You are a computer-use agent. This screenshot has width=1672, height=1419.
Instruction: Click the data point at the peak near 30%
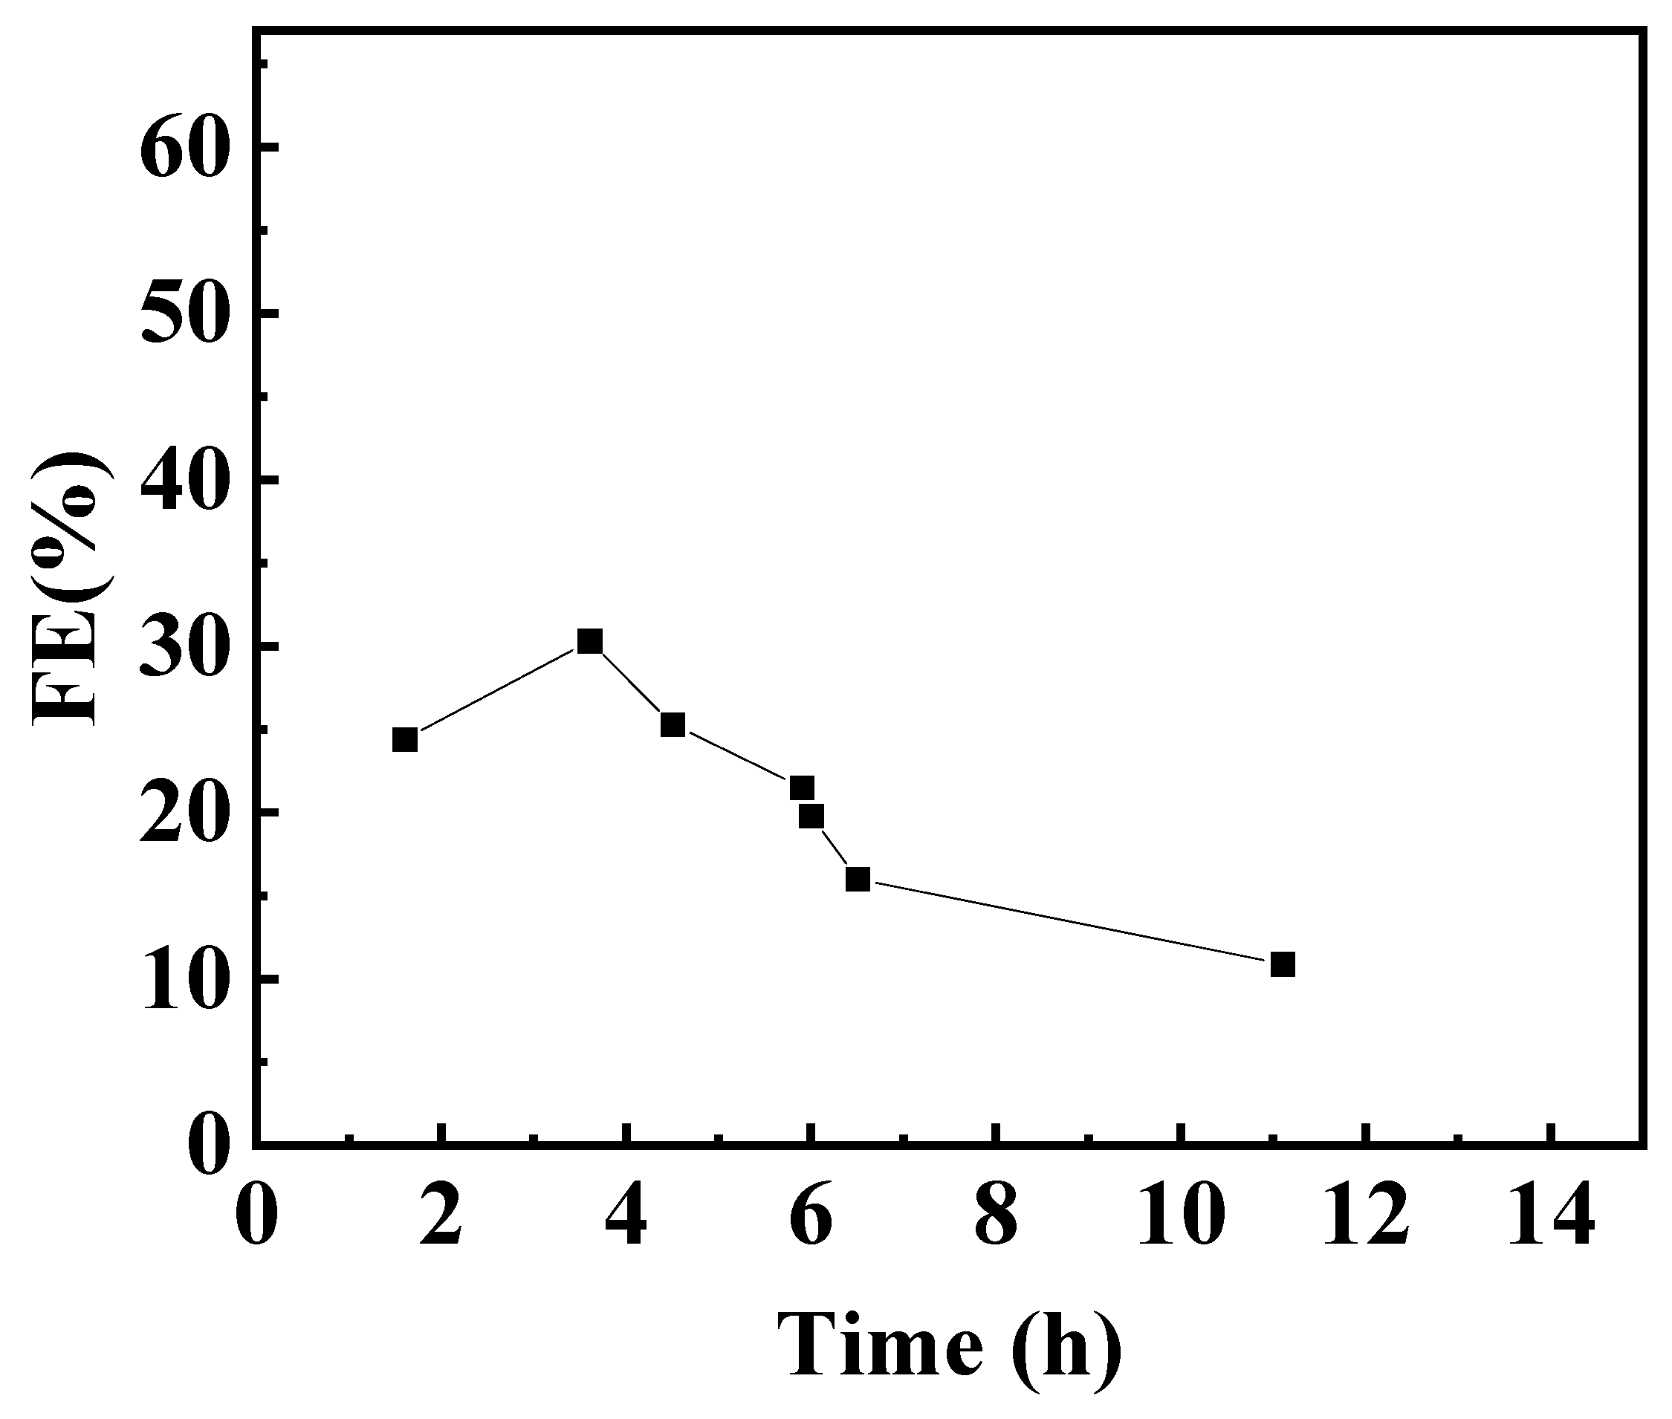tap(590, 641)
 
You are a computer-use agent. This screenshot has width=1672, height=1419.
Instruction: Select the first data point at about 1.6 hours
tap(405, 739)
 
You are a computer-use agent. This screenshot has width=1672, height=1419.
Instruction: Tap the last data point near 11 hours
tap(1283, 964)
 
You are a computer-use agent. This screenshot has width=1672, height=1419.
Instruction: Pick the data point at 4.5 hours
tap(673, 725)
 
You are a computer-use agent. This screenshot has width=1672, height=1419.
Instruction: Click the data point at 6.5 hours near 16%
tap(858, 879)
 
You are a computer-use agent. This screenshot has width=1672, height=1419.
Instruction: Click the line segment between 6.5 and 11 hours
tap(1070, 922)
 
